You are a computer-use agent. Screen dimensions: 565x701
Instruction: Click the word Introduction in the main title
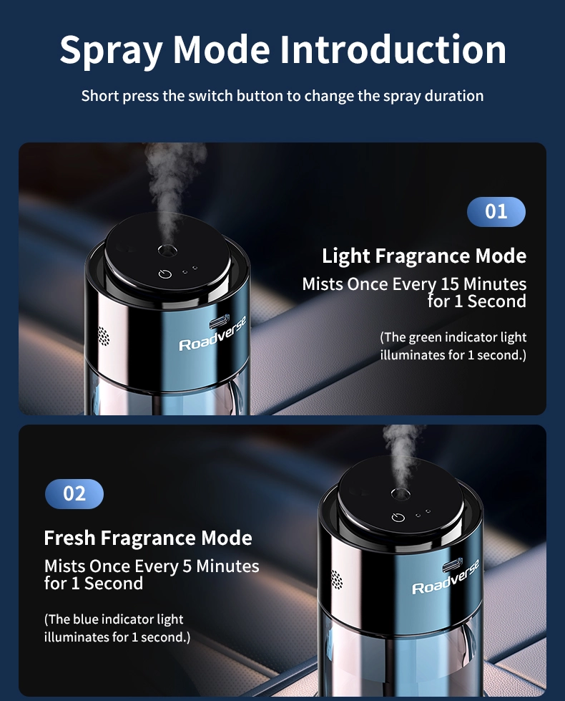[393, 49]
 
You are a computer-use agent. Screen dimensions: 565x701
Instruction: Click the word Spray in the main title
[112, 52]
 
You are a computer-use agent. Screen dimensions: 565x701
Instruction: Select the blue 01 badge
[496, 211]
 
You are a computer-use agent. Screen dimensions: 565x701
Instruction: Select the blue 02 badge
[74, 493]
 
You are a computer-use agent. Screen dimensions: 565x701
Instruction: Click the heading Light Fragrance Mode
[424, 256]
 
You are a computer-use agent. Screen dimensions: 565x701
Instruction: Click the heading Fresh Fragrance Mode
[148, 538]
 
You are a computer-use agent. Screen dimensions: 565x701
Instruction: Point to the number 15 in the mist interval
[450, 284]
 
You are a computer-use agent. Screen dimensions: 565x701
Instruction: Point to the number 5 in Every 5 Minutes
[187, 566]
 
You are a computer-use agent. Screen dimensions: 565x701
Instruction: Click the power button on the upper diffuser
[165, 274]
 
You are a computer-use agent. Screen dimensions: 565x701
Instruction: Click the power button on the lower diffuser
[398, 517]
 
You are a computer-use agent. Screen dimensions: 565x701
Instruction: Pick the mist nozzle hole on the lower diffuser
[401, 493]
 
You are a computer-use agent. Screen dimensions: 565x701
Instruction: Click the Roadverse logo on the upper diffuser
[212, 334]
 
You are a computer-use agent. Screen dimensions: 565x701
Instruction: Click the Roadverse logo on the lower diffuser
[446, 577]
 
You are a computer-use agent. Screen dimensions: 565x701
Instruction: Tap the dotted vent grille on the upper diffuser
[103, 337]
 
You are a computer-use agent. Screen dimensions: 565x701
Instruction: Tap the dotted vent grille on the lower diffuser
[337, 579]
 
